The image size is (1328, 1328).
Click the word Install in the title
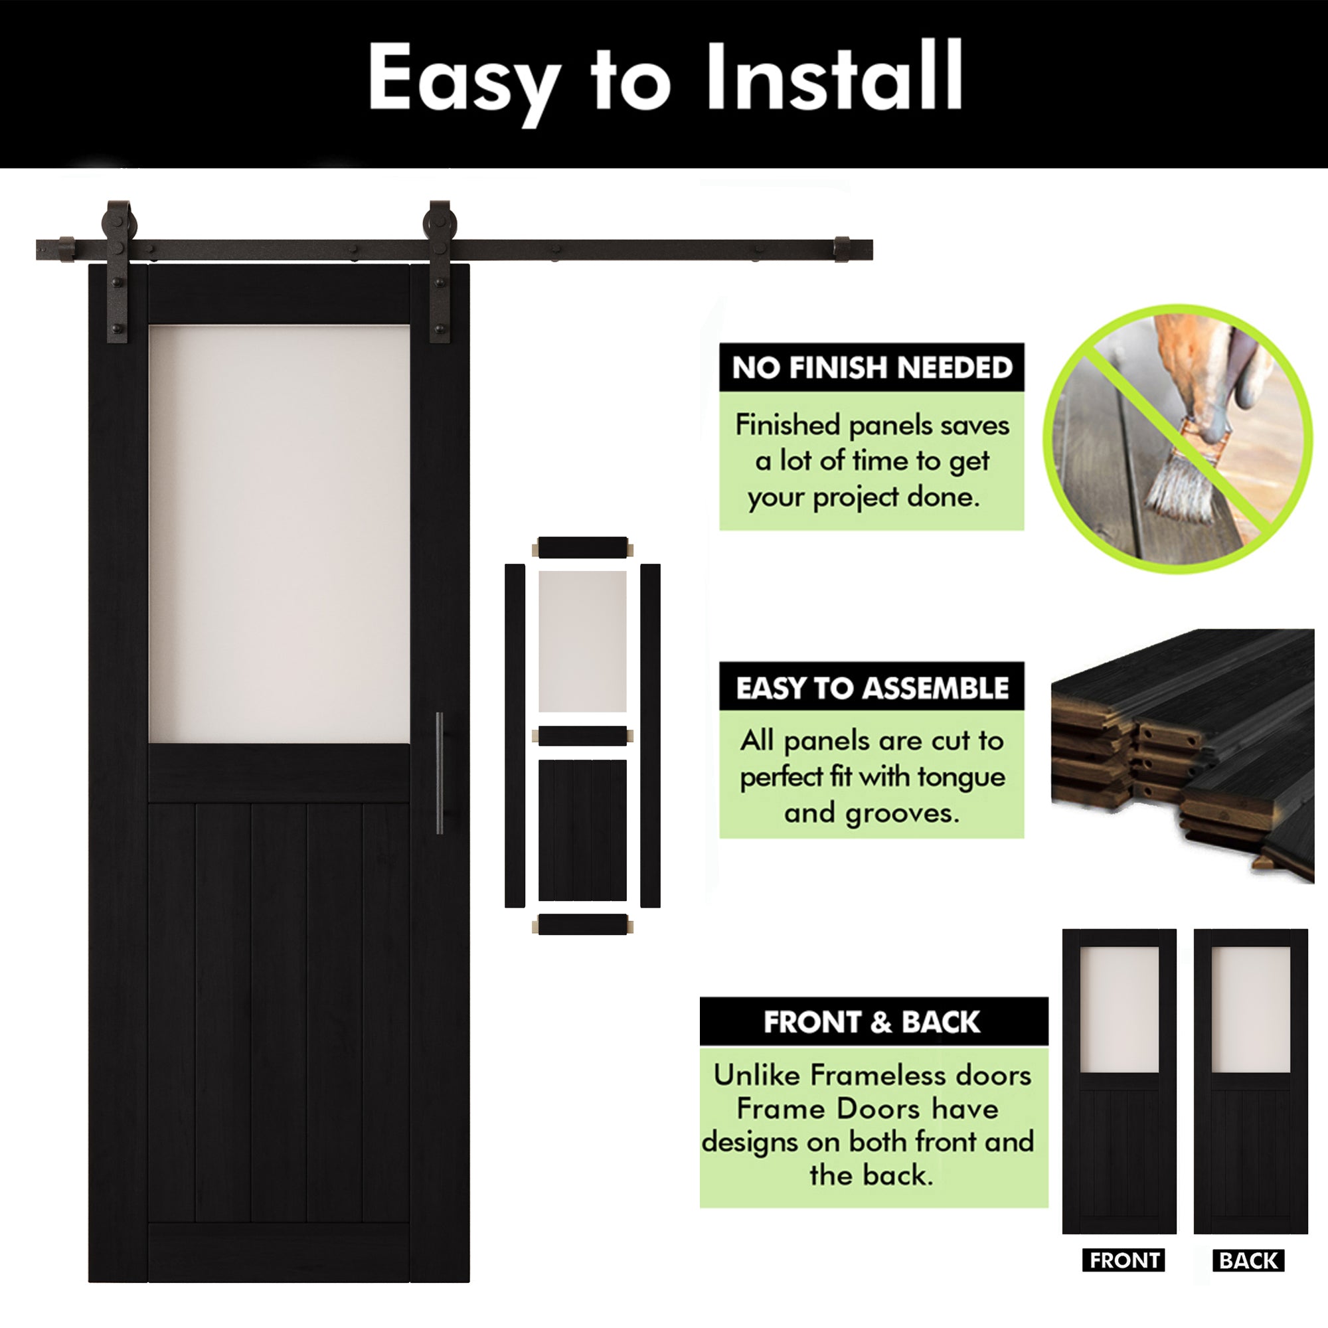tap(835, 77)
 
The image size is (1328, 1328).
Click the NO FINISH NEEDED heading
tap(872, 369)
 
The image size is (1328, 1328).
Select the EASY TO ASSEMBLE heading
tap(872, 688)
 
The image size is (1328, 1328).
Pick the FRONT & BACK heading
tap(872, 1022)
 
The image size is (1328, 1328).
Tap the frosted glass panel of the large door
tap(279, 533)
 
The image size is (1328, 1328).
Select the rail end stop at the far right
tap(841, 250)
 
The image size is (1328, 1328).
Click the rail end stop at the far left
tap(66, 249)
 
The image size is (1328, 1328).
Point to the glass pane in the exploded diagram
tap(582, 641)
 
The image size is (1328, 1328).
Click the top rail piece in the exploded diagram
tap(582, 548)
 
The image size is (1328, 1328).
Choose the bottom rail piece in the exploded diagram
tap(582, 924)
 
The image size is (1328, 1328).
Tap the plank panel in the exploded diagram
tap(582, 829)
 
